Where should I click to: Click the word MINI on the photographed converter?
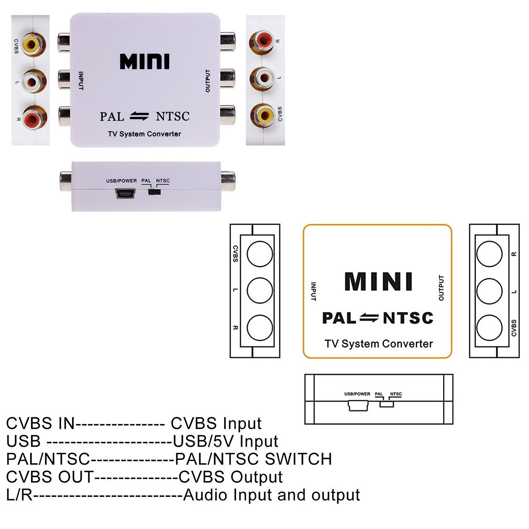click(x=145, y=62)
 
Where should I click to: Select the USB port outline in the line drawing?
click(x=358, y=406)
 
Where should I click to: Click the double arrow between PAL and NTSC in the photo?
click(x=139, y=116)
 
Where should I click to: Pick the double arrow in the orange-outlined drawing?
click(x=369, y=318)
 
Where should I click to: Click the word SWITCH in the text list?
click(x=298, y=459)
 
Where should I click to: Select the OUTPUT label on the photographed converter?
click(x=208, y=81)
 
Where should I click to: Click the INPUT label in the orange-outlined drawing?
click(x=313, y=291)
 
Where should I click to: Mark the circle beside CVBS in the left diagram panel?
click(x=260, y=254)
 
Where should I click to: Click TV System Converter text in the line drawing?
click(x=378, y=344)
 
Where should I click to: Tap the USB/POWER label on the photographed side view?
click(x=121, y=181)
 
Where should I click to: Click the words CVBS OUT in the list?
click(x=50, y=477)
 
